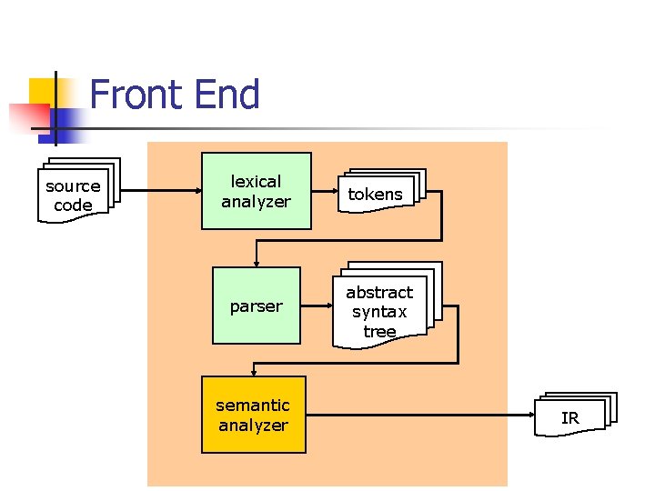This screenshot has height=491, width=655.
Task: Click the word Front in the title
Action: (x=133, y=95)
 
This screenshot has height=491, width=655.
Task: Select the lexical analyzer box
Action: (x=256, y=191)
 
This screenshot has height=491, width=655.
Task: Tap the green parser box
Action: (x=256, y=306)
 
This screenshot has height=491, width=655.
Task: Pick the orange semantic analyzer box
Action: (x=253, y=415)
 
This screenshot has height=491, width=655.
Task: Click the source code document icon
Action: (x=75, y=194)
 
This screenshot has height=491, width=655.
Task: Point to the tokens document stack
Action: (x=378, y=192)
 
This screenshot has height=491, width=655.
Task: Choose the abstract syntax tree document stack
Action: (x=382, y=309)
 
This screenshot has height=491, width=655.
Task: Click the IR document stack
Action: (x=573, y=416)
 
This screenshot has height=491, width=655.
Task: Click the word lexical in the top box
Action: (x=256, y=181)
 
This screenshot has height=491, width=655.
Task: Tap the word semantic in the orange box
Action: (x=253, y=405)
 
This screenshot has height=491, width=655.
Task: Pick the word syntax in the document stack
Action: (x=379, y=312)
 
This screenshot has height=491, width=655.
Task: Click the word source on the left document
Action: (x=73, y=185)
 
